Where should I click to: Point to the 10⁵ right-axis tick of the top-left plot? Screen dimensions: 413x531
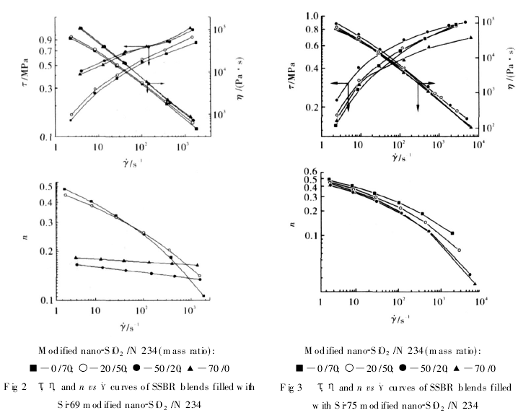click(x=219, y=28)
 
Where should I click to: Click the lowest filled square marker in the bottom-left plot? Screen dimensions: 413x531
click(x=205, y=295)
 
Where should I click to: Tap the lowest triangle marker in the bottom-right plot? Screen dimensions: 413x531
click(x=475, y=284)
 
